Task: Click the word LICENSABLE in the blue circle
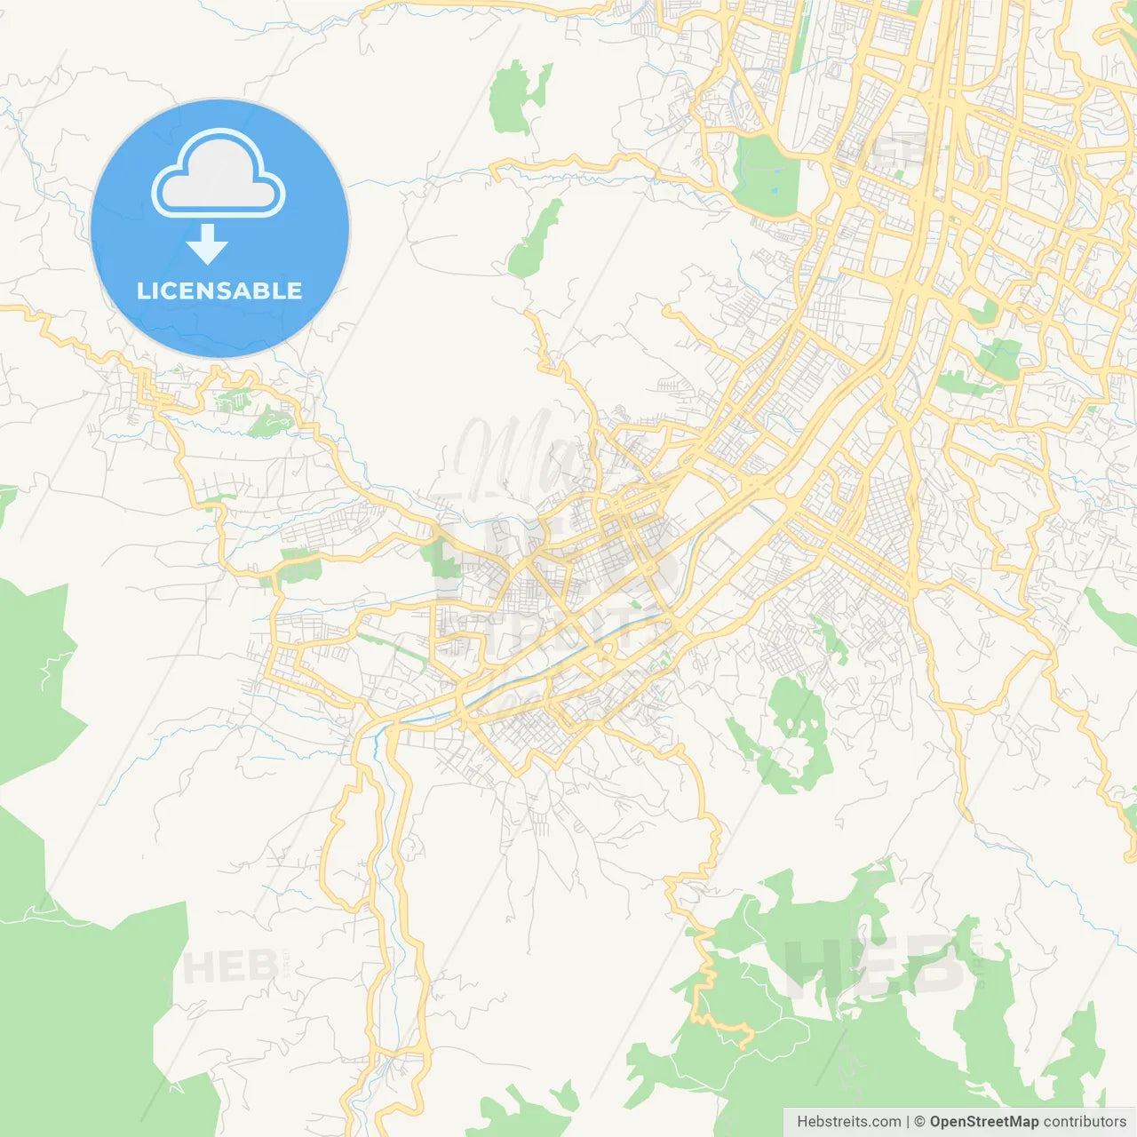click(219, 290)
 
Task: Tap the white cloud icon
click(219, 175)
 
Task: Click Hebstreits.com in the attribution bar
click(848, 1122)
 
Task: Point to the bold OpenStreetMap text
click(983, 1122)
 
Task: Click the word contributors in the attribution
click(1085, 1122)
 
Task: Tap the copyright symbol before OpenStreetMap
click(920, 1122)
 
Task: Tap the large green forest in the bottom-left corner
click(80, 1004)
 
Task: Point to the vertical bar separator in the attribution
click(908, 1122)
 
